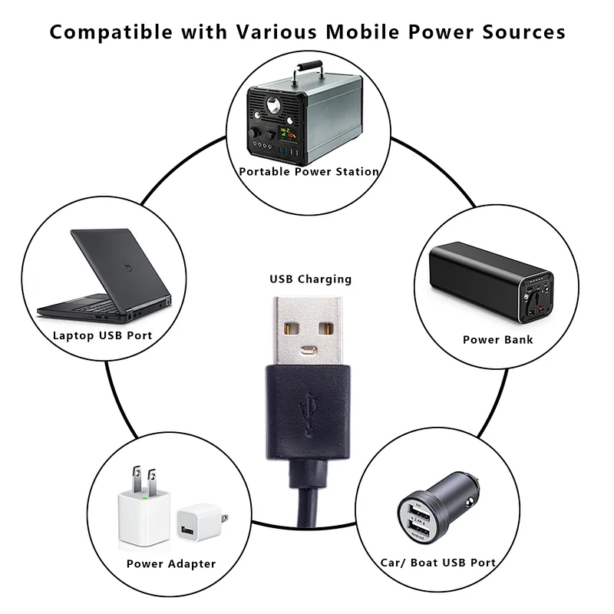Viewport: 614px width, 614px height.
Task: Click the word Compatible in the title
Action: point(111,32)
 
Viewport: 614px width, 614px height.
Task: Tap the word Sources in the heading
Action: point(524,32)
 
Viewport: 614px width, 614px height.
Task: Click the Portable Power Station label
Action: point(309,171)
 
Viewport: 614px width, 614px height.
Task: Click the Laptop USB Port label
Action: point(102,335)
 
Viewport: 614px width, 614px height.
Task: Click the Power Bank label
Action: point(497,339)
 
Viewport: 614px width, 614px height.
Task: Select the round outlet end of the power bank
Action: point(536,298)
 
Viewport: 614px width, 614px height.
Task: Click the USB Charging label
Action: point(311,279)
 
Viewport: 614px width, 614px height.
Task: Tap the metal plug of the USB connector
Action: point(308,331)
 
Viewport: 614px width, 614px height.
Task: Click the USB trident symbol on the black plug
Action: point(309,414)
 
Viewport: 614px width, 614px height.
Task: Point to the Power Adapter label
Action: point(171,564)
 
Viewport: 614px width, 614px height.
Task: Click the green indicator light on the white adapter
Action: point(145,498)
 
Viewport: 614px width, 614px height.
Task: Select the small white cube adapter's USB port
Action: point(187,530)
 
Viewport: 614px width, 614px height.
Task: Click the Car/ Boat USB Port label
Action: point(438,563)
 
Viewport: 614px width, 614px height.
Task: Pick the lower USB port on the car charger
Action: point(419,530)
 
